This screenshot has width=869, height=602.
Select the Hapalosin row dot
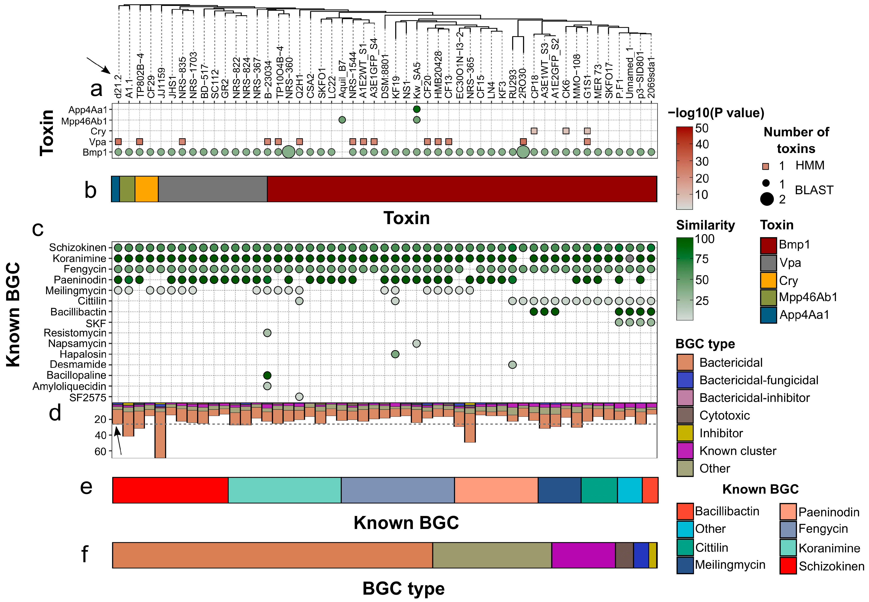(x=395, y=354)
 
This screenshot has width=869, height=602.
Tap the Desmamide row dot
(x=512, y=365)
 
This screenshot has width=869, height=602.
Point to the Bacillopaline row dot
(x=267, y=375)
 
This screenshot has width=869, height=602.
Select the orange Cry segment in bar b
(x=147, y=189)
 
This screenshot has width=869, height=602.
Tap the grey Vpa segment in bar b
(x=212, y=189)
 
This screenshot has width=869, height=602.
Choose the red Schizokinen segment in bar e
(x=170, y=490)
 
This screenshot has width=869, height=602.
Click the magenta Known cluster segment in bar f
(x=583, y=555)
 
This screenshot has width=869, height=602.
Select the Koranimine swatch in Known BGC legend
(x=788, y=548)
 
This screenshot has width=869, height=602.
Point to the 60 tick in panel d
(x=100, y=452)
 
